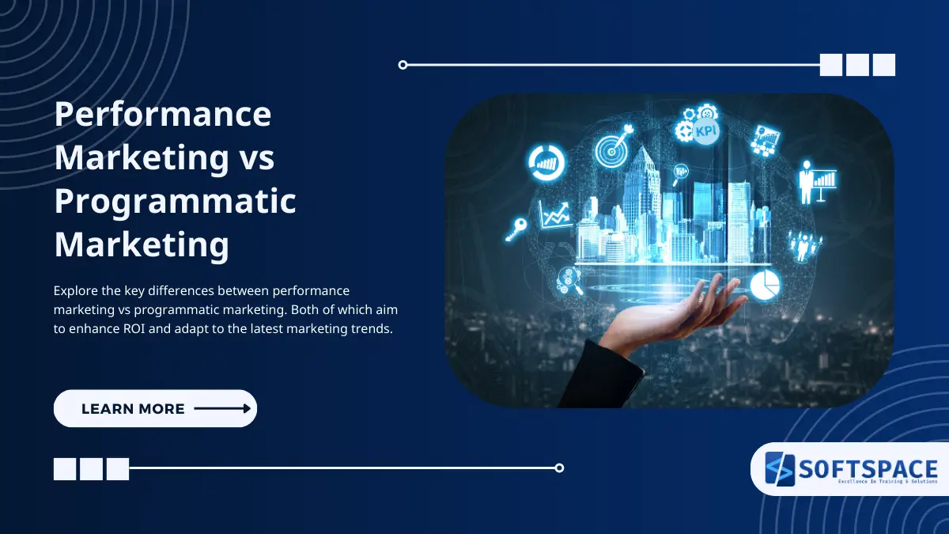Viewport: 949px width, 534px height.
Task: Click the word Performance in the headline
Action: tap(162, 116)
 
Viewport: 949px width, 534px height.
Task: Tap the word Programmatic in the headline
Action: tap(175, 202)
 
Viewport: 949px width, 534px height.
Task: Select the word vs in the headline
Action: tap(255, 158)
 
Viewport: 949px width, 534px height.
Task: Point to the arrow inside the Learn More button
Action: tap(222, 408)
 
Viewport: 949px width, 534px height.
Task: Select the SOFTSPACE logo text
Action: tap(868, 468)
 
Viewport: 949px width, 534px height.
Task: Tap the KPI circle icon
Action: tap(705, 131)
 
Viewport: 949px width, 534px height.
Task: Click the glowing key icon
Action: tap(516, 229)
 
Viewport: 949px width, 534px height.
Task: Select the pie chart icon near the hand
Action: tap(765, 285)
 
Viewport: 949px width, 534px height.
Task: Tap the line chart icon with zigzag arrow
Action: tap(555, 214)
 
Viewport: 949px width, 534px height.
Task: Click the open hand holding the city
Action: tap(696, 309)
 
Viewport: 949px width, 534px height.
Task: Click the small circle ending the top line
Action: tap(403, 65)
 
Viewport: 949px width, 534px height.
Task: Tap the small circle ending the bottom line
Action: tap(559, 468)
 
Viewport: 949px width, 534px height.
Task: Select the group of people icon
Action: tap(804, 244)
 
